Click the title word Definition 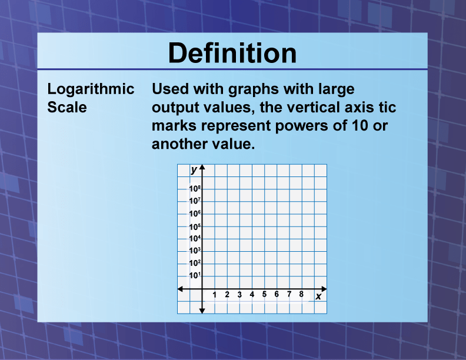tap(232, 54)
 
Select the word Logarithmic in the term tap(91, 90)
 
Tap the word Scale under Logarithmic tap(66, 108)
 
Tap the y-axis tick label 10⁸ tap(195, 189)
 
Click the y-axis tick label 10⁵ tap(195, 226)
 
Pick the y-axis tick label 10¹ tap(195, 275)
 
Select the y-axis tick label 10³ tap(195, 251)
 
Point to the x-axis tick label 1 tap(215, 294)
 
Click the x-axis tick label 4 tap(252, 294)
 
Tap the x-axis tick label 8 tap(301, 294)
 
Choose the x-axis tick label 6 tap(277, 294)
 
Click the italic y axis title tap(194, 169)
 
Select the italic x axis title tap(318, 296)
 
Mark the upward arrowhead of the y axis tap(202, 168)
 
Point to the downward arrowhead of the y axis tap(202, 310)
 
